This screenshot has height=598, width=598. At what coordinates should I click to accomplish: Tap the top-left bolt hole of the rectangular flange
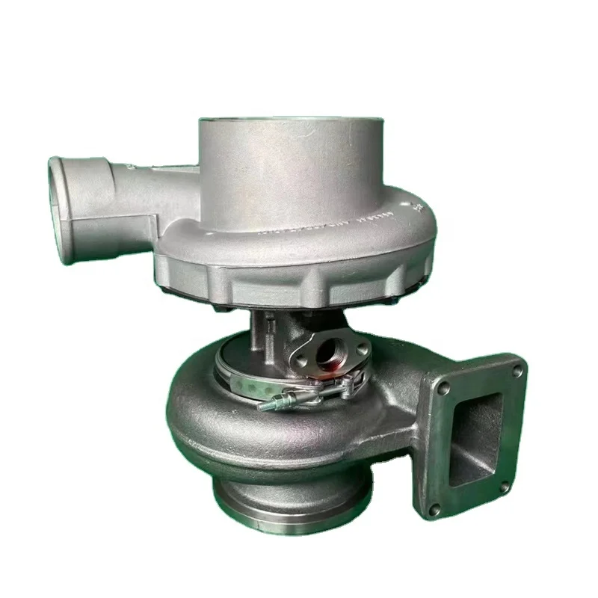(443, 388)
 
